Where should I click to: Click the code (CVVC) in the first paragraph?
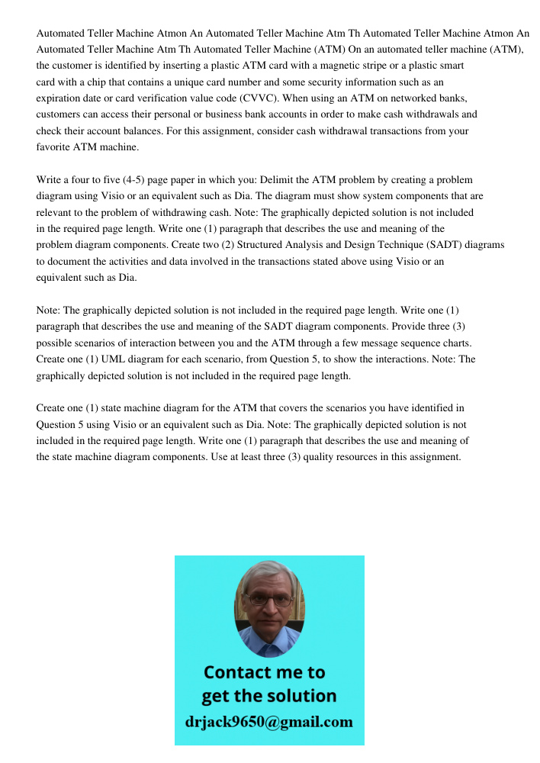point(259,98)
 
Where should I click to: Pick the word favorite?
point(54,147)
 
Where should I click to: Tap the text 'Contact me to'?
point(264,672)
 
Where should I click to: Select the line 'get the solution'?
point(268,696)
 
